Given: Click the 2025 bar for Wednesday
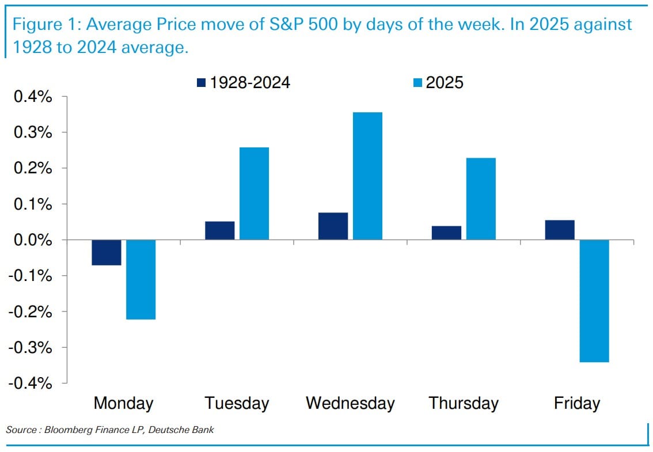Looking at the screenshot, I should pyautogui.click(x=367, y=176).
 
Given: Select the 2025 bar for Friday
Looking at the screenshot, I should pyautogui.click(x=594, y=301).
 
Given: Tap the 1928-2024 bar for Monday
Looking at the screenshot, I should pyautogui.click(x=107, y=252).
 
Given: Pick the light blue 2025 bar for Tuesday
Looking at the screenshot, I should pyautogui.click(x=254, y=193).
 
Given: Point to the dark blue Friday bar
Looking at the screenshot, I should pyautogui.click(x=559, y=230).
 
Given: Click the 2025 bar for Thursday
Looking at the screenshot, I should pyautogui.click(x=481, y=199).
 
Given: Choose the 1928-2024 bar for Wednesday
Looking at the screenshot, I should pyautogui.click(x=333, y=226).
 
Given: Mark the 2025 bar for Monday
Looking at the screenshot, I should pyautogui.click(x=141, y=279).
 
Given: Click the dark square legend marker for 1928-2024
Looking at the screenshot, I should pyautogui.click(x=201, y=83).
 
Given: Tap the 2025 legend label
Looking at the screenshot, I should pyautogui.click(x=445, y=83).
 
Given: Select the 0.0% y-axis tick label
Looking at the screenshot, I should pyautogui.click(x=33, y=240).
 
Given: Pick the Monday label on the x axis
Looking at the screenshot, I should pyautogui.click(x=123, y=403).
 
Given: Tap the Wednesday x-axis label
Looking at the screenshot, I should pyautogui.click(x=350, y=403).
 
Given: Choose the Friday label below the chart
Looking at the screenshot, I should pyautogui.click(x=576, y=403).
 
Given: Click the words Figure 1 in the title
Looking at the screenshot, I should pyautogui.click(x=45, y=25).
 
